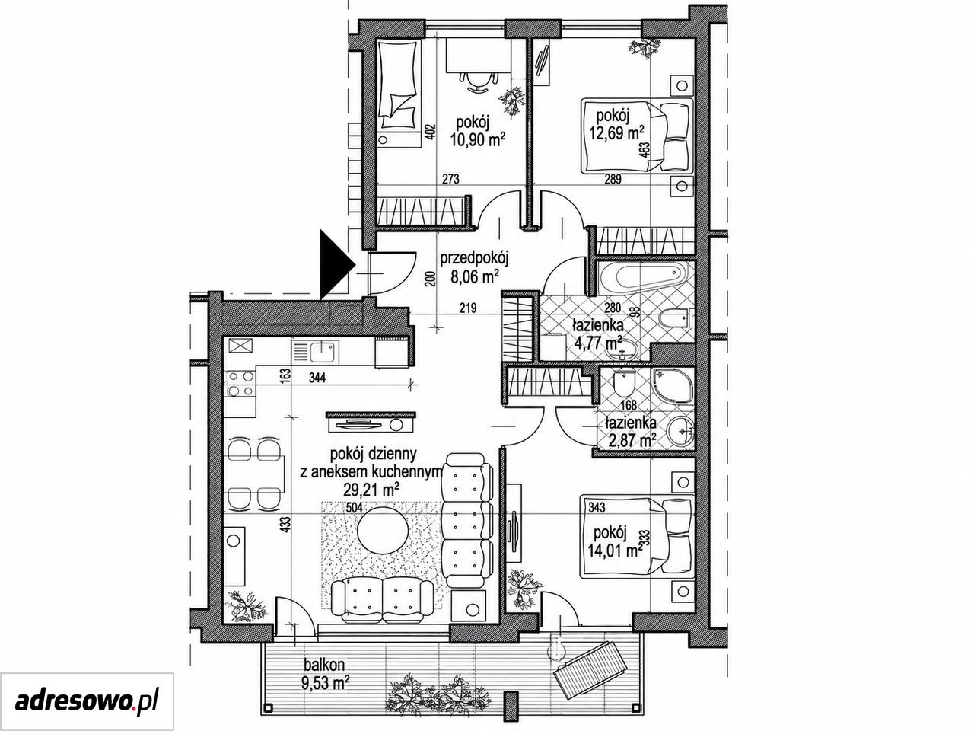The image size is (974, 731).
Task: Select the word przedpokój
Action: [473, 259]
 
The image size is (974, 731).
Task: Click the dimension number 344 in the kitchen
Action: [317, 378]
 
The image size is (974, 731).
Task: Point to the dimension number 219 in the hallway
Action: [467, 308]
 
